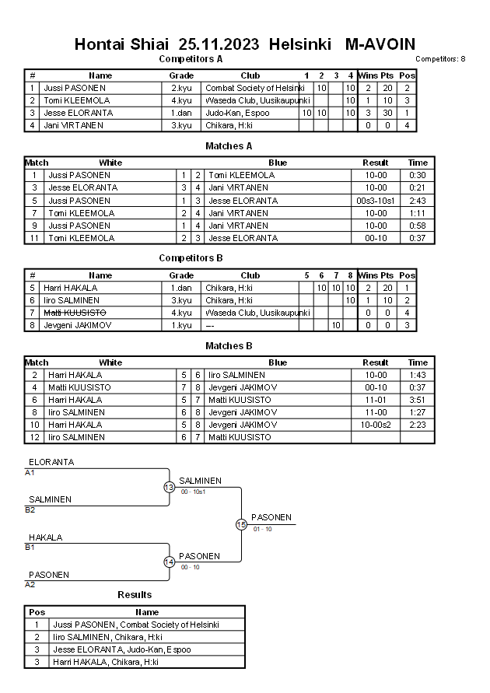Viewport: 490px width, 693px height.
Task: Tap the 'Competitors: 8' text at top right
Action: (440, 59)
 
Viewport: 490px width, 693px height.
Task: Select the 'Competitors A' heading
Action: (191, 58)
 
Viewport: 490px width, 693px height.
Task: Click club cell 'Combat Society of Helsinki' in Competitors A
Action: (254, 88)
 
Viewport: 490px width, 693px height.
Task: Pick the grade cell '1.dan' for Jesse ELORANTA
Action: (181, 113)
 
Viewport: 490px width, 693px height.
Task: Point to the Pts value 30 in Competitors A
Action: (387, 113)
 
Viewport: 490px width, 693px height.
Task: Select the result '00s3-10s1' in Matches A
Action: (376, 200)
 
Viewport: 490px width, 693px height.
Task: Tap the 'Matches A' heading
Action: (229, 145)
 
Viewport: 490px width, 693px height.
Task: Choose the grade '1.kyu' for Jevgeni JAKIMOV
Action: (181, 324)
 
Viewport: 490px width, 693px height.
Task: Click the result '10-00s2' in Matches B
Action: (376, 425)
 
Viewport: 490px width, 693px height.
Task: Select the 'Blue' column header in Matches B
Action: (278, 362)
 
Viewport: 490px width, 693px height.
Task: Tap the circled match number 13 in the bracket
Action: (169, 487)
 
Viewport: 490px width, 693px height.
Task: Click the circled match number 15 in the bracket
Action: (241, 524)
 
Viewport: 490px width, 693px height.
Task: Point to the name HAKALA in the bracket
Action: (45, 537)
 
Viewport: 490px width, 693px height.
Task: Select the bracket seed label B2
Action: (30, 510)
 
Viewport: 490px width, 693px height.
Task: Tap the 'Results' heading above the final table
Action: (135, 595)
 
